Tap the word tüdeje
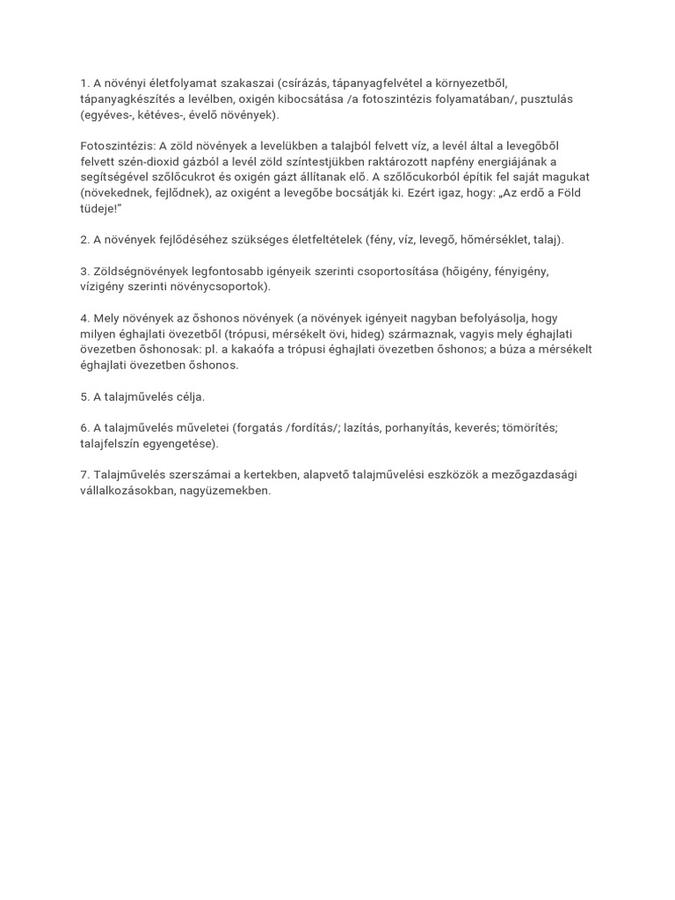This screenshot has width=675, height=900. [98, 209]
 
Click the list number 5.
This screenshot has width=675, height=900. [84, 396]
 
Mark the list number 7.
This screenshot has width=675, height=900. [84, 475]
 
